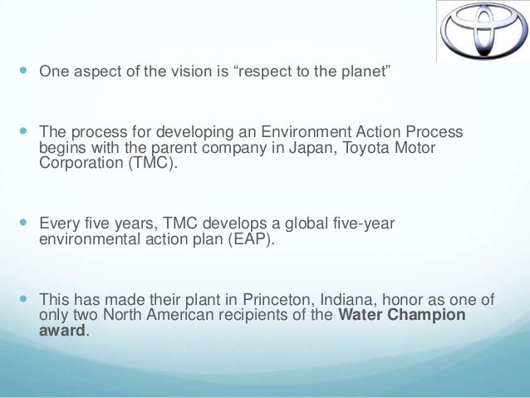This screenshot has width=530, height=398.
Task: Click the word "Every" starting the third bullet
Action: coord(58,224)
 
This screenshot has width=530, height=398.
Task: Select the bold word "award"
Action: coord(62,330)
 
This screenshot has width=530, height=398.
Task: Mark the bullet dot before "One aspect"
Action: coord(22,71)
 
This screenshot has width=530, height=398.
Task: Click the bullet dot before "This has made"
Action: coord(22,301)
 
